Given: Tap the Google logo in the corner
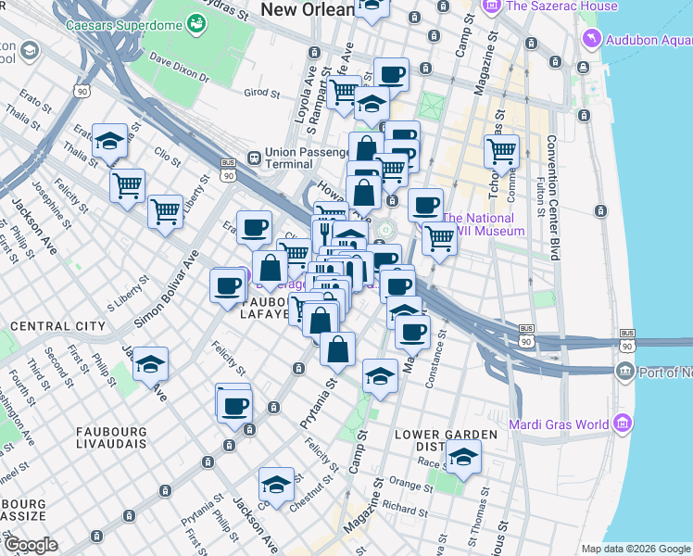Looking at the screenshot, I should coord(30,545).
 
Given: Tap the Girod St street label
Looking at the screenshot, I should coord(261,93).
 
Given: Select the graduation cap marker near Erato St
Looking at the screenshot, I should coord(110,141).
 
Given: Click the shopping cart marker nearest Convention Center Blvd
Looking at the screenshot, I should coord(501,150).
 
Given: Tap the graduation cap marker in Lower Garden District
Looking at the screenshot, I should coord(463,457).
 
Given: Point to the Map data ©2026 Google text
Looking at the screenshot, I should coord(636,549).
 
